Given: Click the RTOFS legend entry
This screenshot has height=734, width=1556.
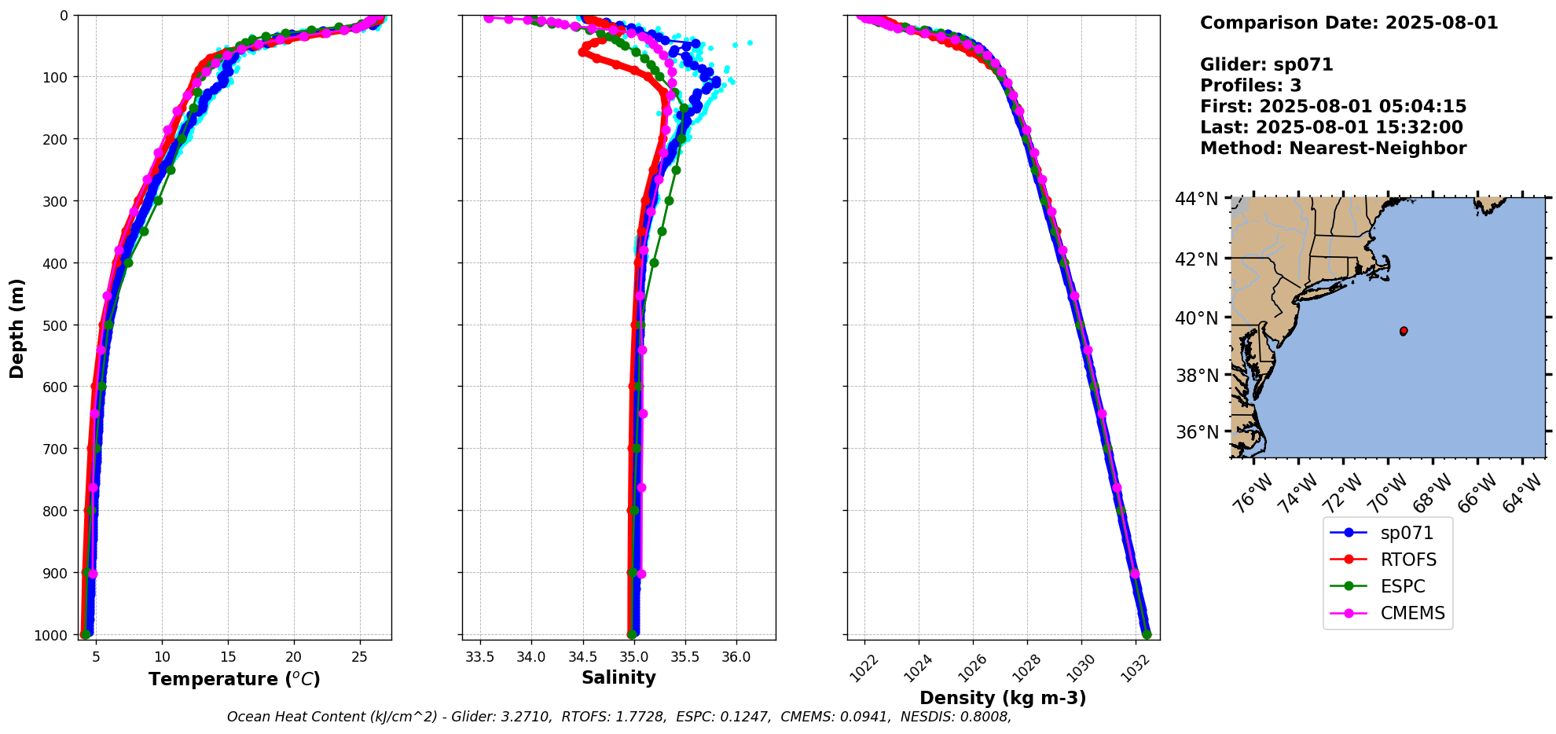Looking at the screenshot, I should [x=1407, y=560].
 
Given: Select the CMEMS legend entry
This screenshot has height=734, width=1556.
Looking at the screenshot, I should [x=1412, y=613].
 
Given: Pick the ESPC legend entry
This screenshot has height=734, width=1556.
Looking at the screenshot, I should [x=1402, y=586].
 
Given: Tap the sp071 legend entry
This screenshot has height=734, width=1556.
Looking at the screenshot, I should [x=1407, y=533].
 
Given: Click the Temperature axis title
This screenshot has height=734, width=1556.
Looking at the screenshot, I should [x=234, y=679].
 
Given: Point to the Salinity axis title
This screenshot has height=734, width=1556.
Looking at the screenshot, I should [x=618, y=677].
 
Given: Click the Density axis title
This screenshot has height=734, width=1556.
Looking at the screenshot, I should [x=1003, y=698].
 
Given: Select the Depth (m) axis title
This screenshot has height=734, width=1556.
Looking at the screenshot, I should [x=17, y=328].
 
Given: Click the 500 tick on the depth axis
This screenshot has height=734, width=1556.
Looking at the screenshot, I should [x=56, y=325].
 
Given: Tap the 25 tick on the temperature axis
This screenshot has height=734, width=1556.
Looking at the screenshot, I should [x=359, y=657].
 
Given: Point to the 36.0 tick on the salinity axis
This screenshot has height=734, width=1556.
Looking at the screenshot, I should [x=736, y=657].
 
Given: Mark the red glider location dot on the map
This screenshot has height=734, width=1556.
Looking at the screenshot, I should [x=1404, y=331].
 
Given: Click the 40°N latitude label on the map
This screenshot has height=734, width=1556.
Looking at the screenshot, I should [x=1197, y=318].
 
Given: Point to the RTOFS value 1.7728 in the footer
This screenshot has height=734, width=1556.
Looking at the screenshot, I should [x=640, y=717].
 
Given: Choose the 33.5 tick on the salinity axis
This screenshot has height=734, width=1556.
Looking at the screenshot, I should [x=479, y=657].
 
